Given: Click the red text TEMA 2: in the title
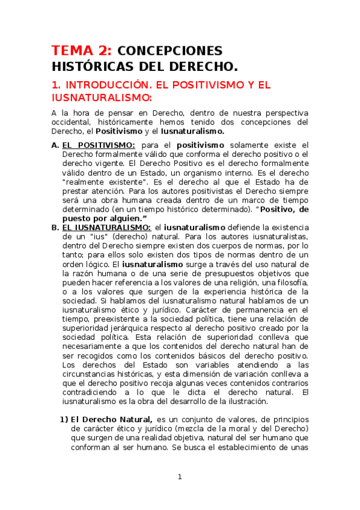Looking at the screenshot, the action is [x=80, y=51].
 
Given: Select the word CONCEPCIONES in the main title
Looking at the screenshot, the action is [x=169, y=51].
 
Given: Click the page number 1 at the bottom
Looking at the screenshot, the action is [x=179, y=477].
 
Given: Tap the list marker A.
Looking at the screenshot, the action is [x=55, y=145].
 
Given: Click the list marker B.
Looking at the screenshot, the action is [x=55, y=227].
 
